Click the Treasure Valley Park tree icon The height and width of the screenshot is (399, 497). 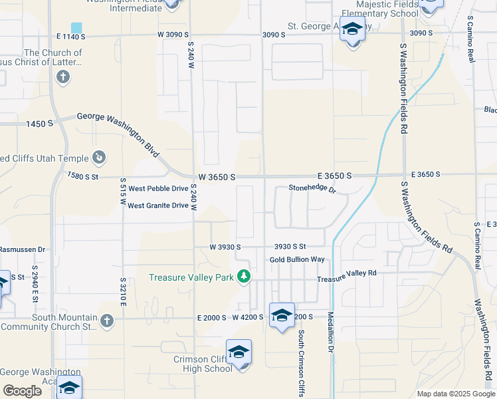(x=244, y=276)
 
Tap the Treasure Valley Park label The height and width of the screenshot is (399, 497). (x=192, y=277)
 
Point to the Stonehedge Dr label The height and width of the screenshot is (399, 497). (x=312, y=189)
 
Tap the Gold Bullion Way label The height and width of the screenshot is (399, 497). (x=297, y=259)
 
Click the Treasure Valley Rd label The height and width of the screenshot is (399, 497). (x=346, y=273)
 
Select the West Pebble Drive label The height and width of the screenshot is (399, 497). (x=158, y=189)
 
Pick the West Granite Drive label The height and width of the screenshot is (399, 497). (x=158, y=205)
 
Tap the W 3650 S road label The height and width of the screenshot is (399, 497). (x=217, y=177)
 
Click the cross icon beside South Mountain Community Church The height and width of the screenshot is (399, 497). (x=106, y=321)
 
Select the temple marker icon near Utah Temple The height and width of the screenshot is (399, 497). (x=99, y=158)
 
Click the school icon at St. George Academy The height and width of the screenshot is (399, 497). (x=351, y=30)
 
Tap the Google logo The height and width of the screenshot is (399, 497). (x=23, y=391)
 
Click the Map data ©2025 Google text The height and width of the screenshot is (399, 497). (x=455, y=394)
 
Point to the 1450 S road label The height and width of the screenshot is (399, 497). (x=39, y=124)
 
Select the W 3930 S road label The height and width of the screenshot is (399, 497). (x=225, y=247)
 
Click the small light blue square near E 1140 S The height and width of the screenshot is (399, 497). (x=77, y=28)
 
